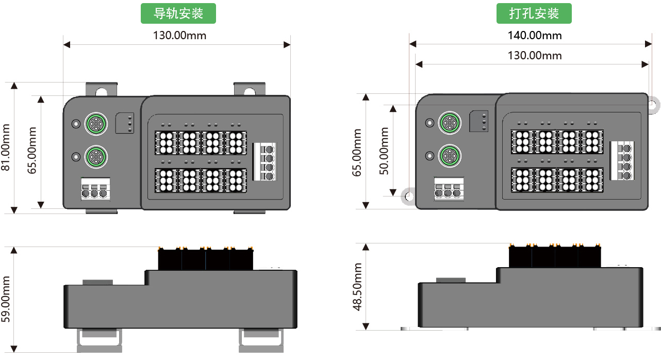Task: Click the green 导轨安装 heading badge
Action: point(178,14)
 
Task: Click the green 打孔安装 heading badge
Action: point(534,14)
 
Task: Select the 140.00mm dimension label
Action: point(535,36)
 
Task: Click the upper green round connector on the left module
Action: point(95,123)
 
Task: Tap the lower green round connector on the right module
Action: point(449,155)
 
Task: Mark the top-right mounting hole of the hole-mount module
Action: point(653,105)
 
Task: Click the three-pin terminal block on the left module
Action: point(95,189)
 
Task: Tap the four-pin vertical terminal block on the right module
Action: point(622,161)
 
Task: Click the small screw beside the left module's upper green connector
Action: point(76,124)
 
